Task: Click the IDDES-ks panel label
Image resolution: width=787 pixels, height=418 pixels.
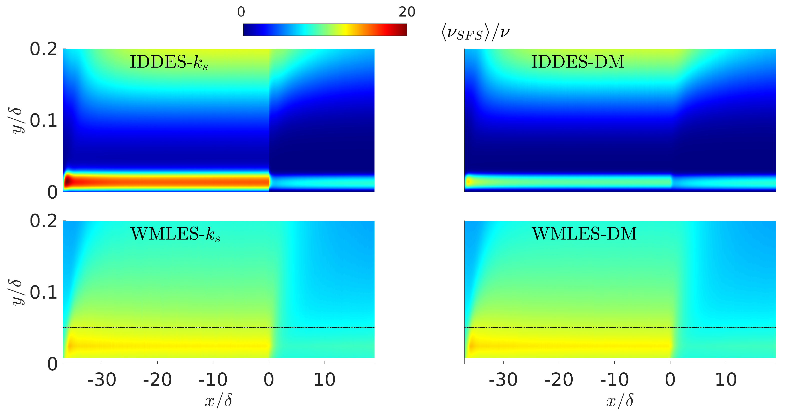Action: click(169, 62)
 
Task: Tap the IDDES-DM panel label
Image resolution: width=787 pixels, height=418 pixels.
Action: click(577, 62)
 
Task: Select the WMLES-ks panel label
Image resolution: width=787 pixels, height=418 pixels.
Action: click(175, 234)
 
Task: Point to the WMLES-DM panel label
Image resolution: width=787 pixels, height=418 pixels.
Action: click(584, 234)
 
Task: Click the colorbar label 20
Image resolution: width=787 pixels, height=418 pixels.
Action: click(407, 12)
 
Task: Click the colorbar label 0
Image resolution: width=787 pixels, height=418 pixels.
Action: click(241, 12)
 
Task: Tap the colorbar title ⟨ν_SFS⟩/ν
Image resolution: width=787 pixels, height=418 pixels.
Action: click(475, 32)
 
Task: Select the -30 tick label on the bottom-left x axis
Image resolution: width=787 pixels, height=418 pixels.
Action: click(102, 380)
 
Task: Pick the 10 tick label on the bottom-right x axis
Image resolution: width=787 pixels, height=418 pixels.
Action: click(726, 380)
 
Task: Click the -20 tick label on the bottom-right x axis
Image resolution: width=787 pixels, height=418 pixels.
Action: click(559, 380)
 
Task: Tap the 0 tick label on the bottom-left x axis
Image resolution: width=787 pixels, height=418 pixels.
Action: click(268, 380)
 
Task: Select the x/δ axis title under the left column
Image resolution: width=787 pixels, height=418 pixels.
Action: click(218, 400)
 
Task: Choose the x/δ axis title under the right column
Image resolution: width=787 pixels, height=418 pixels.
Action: click(620, 400)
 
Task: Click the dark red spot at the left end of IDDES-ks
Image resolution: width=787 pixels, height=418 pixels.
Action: click(68, 181)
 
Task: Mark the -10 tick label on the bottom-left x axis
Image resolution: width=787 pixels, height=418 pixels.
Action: click(213, 380)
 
